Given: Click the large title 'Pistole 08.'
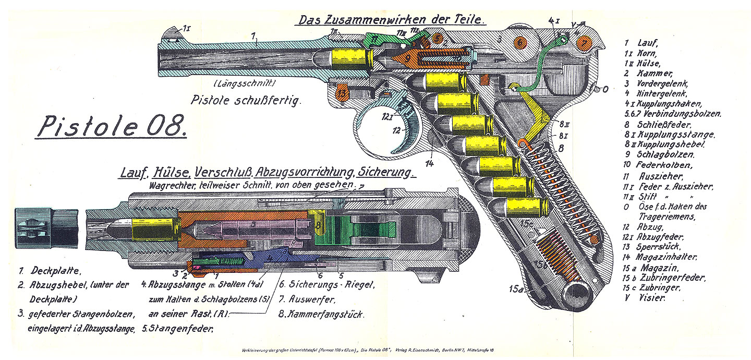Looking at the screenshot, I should tap(110, 127).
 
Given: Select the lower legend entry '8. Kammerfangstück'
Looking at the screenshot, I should tap(321, 315).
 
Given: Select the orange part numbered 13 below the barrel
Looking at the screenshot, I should tap(342, 93).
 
